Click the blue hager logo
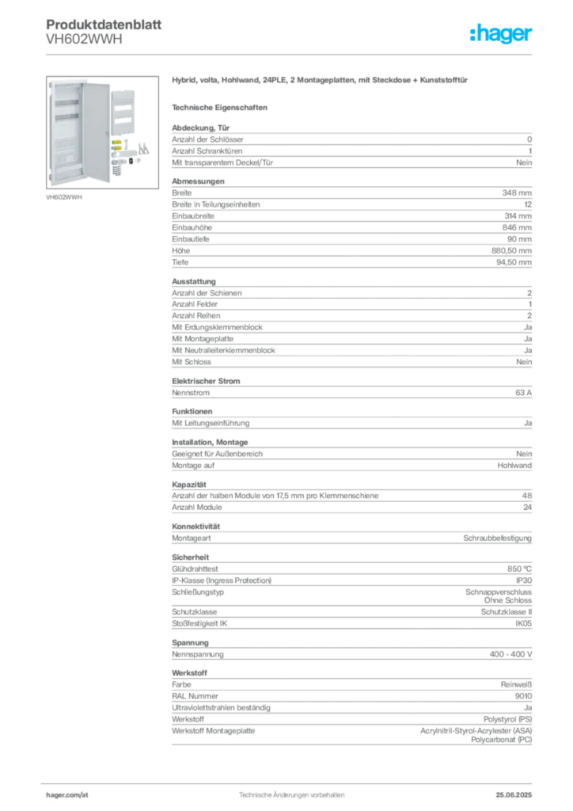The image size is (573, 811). tap(502, 34)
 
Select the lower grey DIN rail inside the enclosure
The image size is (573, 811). tap(66, 117)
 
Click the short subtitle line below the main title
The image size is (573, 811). tap(222, 106)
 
